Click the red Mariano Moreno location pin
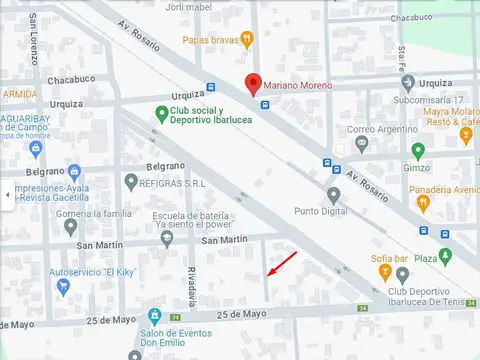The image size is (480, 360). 254,84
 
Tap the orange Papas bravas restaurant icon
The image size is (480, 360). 247,40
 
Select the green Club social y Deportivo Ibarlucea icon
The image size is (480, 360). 161,114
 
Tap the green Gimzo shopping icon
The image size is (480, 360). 418,151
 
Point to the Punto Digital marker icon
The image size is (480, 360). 333,195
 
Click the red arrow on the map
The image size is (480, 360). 281,265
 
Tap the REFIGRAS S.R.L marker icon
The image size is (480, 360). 131,181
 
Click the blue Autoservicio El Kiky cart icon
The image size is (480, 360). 63,287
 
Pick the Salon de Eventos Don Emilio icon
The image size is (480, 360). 155,316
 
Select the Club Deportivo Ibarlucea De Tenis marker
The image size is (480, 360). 371,291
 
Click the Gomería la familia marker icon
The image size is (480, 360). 70,225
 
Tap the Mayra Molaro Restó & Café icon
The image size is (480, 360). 465,131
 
